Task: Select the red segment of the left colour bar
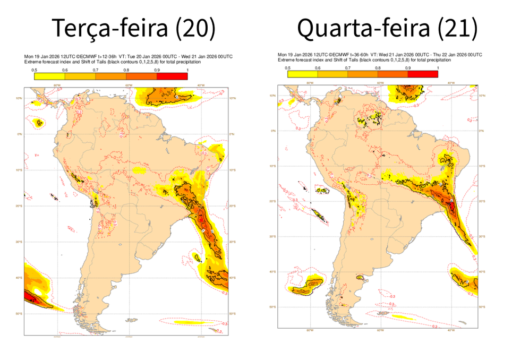172,76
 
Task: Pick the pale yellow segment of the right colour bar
302,74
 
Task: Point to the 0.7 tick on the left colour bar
96,70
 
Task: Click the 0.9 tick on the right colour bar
407,68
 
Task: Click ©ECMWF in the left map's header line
85,56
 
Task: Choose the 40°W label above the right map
450,83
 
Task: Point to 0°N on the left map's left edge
20,134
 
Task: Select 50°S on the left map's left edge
19,314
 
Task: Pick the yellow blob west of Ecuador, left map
39,123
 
